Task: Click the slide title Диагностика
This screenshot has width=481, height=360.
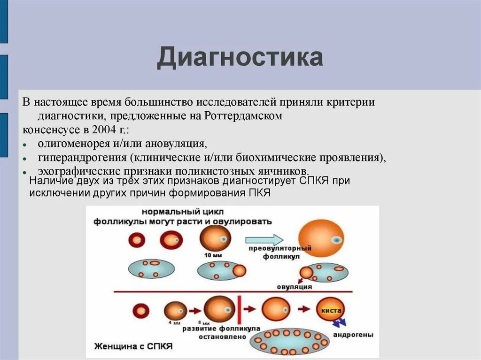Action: (240, 58)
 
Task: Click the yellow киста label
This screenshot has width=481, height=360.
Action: (331, 310)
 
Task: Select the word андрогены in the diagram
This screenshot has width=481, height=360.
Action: (353, 335)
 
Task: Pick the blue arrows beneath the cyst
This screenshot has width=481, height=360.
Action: (340, 323)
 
